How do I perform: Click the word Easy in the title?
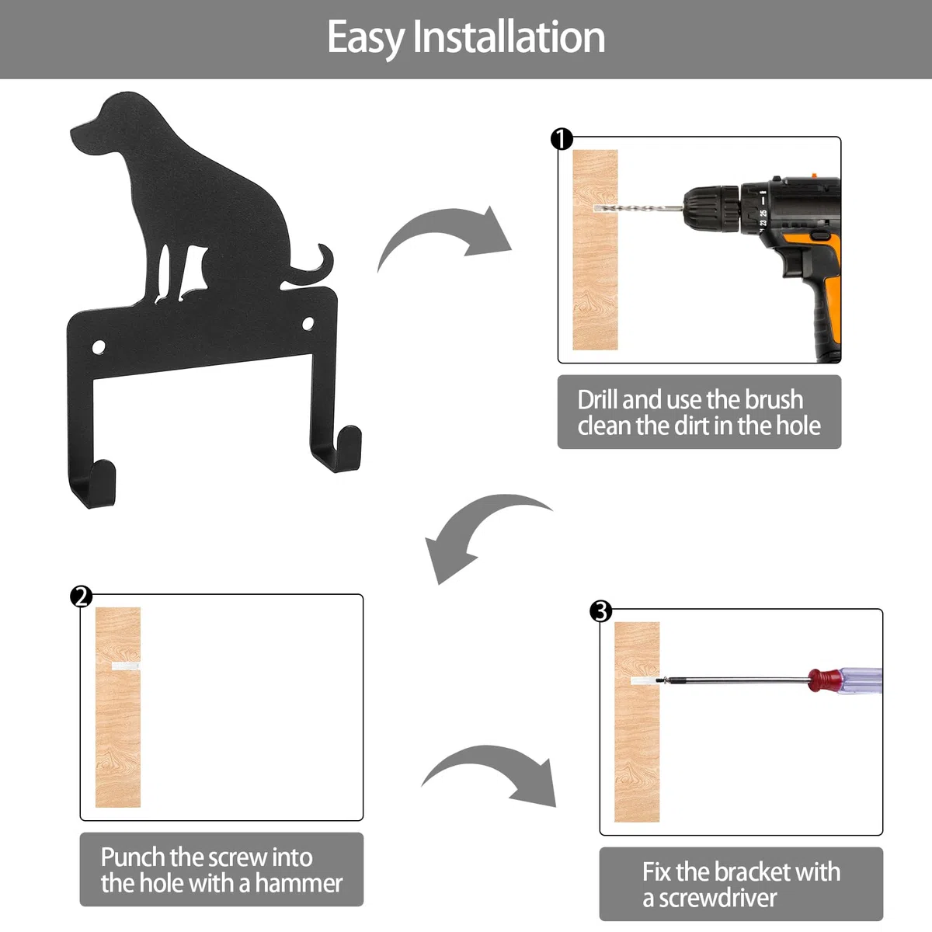coord(366,39)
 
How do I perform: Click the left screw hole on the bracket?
coord(99,347)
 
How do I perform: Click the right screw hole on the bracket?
coord(308,324)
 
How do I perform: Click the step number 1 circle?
coord(562,139)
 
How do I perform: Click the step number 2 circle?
coord(81,596)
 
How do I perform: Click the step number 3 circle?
coord(600,611)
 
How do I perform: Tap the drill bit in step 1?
coord(638,208)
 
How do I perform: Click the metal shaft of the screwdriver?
coord(736,680)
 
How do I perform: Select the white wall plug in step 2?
coord(126,666)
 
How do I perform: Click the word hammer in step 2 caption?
coord(299,883)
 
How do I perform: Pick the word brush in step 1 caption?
coord(774,400)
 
